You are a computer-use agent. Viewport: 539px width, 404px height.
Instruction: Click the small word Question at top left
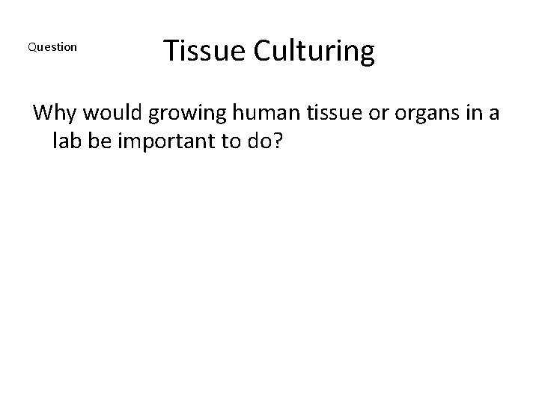(52, 47)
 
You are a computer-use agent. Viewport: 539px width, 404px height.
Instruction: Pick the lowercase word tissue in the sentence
(313, 114)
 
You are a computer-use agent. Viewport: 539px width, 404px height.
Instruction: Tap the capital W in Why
(44, 114)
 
